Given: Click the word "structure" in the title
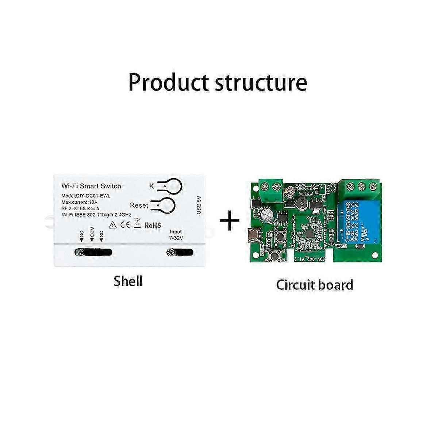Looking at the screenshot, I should pos(261,83).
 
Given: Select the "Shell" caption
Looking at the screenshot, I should pos(128,281).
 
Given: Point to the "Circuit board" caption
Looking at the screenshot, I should pos(315,285).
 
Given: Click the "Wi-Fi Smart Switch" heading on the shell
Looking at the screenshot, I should pos(91,186).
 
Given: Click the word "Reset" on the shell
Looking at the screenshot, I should pos(139,205).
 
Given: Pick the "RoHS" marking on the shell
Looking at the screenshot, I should pos(153,226).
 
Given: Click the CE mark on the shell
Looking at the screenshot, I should pos(125,225).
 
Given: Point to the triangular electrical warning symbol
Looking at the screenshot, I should pos(113,225).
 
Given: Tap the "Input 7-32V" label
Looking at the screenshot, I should pos(176,235).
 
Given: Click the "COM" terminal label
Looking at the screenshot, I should pos(92,235).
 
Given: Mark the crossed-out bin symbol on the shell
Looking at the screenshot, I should pos(137,223).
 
